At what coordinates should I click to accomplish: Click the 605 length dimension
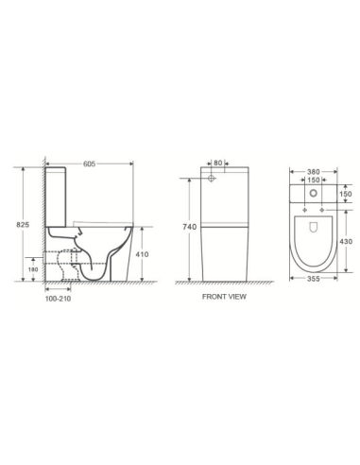click(90, 164)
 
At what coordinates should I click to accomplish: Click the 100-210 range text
click(59, 300)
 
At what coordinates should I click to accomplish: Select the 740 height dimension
click(188, 227)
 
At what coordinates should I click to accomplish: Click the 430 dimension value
click(346, 242)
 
